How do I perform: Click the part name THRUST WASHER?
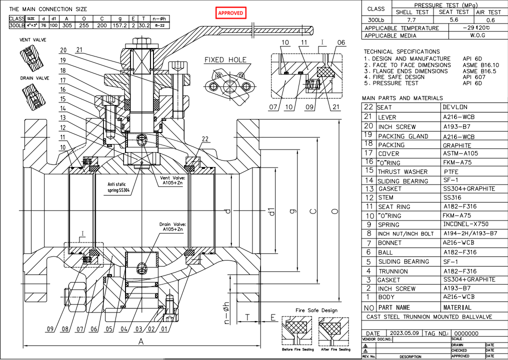point(402,171)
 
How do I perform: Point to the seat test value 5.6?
point(454,20)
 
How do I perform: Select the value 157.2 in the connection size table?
point(120,25)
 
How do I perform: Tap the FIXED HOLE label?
point(225,60)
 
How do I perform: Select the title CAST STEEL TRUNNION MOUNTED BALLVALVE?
point(429,316)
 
